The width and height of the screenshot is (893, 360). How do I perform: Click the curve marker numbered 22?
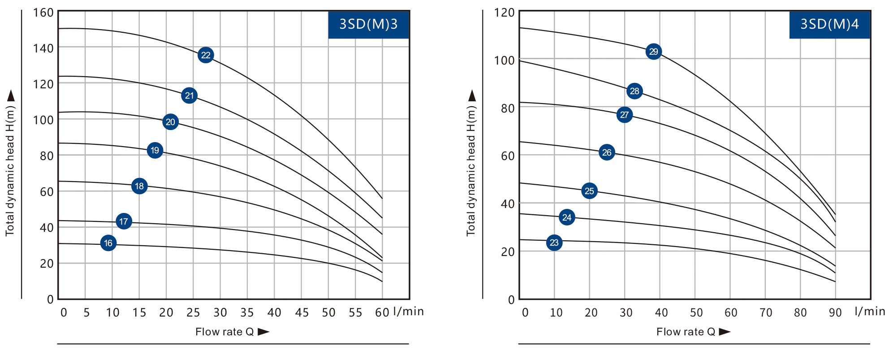pos(206,55)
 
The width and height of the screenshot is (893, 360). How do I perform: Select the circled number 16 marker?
pos(108,243)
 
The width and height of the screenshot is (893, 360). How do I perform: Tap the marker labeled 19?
pos(155,150)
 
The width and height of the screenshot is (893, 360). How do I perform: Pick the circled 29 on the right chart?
pos(654,52)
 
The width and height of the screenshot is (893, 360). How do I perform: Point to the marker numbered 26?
pos(607,152)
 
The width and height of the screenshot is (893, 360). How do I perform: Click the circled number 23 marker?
pos(554,243)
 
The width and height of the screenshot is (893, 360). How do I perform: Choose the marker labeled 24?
pos(567,217)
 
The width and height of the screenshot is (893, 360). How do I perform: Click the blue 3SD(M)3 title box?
pos(368,24)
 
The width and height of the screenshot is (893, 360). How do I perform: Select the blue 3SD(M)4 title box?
pos(829,24)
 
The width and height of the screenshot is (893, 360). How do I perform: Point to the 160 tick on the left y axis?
pos(43,13)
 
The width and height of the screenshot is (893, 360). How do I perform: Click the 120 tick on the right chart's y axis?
pos(505,13)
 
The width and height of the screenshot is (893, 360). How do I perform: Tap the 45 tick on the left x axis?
pos(302,312)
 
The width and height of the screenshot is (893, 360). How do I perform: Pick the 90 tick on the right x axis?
pos(835,312)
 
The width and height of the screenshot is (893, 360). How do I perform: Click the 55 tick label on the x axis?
pos(355,312)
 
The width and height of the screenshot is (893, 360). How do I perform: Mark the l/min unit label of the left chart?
pos(408,311)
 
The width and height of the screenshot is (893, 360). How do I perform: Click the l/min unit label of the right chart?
pos(870,311)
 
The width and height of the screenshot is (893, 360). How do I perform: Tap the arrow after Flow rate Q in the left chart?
pos(263,332)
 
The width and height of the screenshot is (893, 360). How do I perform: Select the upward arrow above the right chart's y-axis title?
pos(472,95)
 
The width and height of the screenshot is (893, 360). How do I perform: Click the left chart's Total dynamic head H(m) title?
pos(10,170)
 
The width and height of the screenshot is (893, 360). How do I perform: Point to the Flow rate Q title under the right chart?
pos(686,332)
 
